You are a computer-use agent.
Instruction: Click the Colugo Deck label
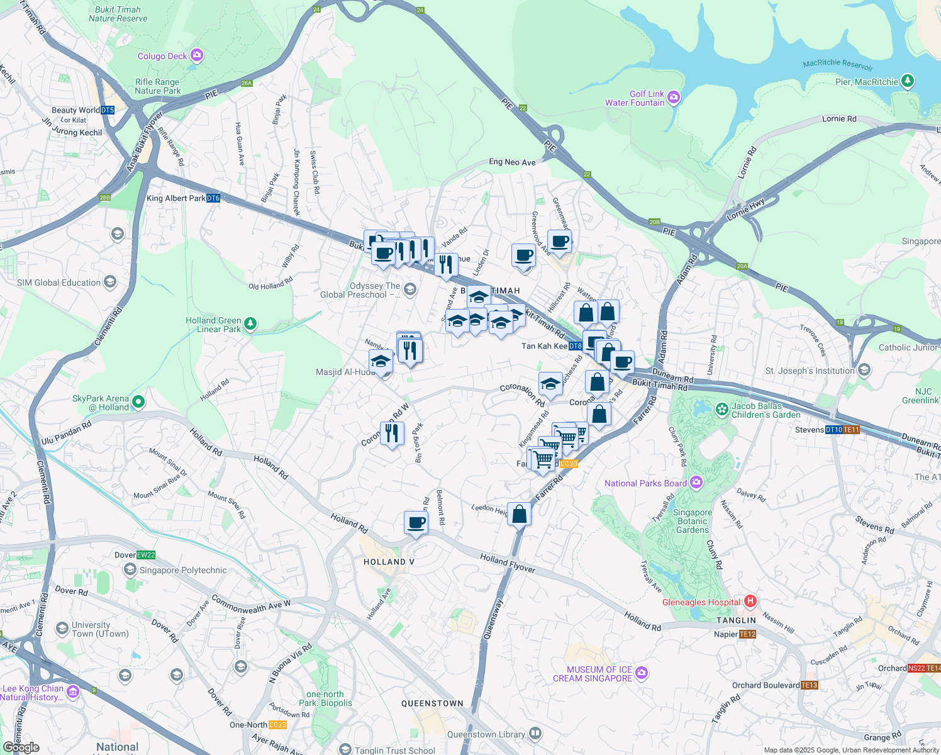click(x=162, y=56)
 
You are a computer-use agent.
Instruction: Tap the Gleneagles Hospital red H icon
click(x=750, y=601)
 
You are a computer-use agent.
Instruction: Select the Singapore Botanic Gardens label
click(x=693, y=521)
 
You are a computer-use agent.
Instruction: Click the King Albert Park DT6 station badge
click(x=213, y=198)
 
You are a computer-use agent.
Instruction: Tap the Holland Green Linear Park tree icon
click(x=250, y=323)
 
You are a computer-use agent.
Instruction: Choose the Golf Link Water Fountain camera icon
click(x=674, y=97)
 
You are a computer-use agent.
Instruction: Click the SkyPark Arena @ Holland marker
click(x=139, y=401)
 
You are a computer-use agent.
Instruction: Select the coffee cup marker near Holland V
click(x=416, y=522)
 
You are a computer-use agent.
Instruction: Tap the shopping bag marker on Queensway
click(x=520, y=514)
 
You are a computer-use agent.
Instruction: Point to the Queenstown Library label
click(x=486, y=734)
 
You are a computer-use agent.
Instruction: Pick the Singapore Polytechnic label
click(x=183, y=570)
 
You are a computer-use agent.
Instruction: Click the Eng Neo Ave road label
click(x=512, y=162)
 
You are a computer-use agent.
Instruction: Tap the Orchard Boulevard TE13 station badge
click(x=810, y=685)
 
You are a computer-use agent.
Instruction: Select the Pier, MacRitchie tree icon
click(x=907, y=81)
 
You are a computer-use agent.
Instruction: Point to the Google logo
click(x=21, y=747)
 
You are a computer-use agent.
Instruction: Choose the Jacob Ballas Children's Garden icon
click(x=721, y=409)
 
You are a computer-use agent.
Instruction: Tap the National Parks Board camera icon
click(x=696, y=483)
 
